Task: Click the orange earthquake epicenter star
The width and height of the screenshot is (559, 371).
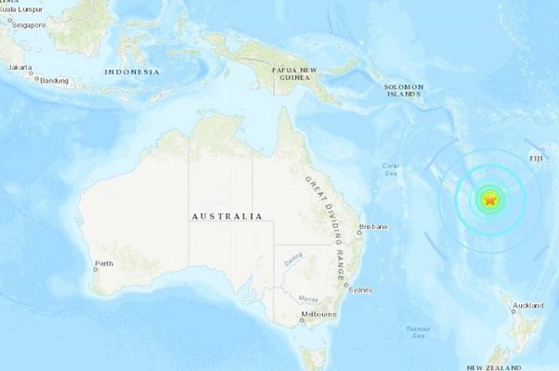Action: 489,199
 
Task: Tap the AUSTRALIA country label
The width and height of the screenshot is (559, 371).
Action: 227,216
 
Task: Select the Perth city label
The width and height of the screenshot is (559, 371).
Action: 104,264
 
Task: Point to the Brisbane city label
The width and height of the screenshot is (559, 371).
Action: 373,227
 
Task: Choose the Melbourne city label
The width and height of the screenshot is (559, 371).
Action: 318,315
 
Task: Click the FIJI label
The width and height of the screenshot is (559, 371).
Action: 537,159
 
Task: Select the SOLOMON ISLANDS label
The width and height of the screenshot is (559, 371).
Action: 404,90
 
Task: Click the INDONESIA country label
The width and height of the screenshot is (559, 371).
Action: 132,71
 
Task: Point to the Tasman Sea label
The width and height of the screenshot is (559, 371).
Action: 418,331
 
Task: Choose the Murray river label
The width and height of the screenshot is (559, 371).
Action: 308,298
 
